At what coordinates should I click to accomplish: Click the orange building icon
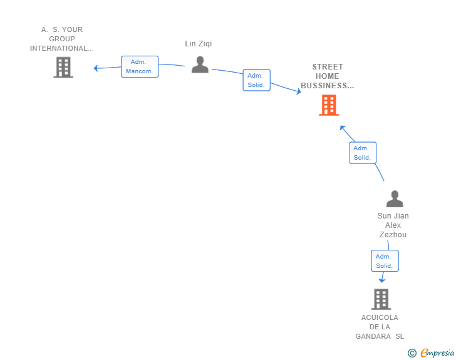pyautogui.click(x=329, y=105)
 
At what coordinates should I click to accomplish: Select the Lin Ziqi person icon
pyautogui.click(x=200, y=64)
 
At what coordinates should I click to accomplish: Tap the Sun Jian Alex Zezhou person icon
pyautogui.click(x=395, y=199)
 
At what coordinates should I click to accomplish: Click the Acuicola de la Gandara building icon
pyautogui.click(x=381, y=299)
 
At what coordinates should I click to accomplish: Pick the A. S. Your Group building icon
pyautogui.click(x=63, y=68)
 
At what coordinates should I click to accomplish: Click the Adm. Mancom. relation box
pyautogui.click(x=140, y=66)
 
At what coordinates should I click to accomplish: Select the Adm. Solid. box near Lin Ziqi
pyautogui.click(x=257, y=80)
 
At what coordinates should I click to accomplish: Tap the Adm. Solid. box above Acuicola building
pyautogui.click(x=385, y=261)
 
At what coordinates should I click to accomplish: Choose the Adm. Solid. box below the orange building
pyautogui.click(x=363, y=153)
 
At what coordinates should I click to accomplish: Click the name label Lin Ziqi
pyautogui.click(x=199, y=44)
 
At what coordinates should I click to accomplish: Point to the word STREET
pyautogui.click(x=328, y=67)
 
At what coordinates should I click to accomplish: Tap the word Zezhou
pyautogui.click(x=393, y=234)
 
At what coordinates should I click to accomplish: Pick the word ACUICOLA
pyautogui.click(x=380, y=317)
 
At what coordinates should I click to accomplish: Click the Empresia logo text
pyautogui.click(x=437, y=352)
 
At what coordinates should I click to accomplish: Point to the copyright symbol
pyautogui.click(x=412, y=353)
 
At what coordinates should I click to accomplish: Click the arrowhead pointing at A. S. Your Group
pyautogui.click(x=96, y=68)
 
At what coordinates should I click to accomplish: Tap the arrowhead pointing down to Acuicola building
pyautogui.click(x=382, y=280)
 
